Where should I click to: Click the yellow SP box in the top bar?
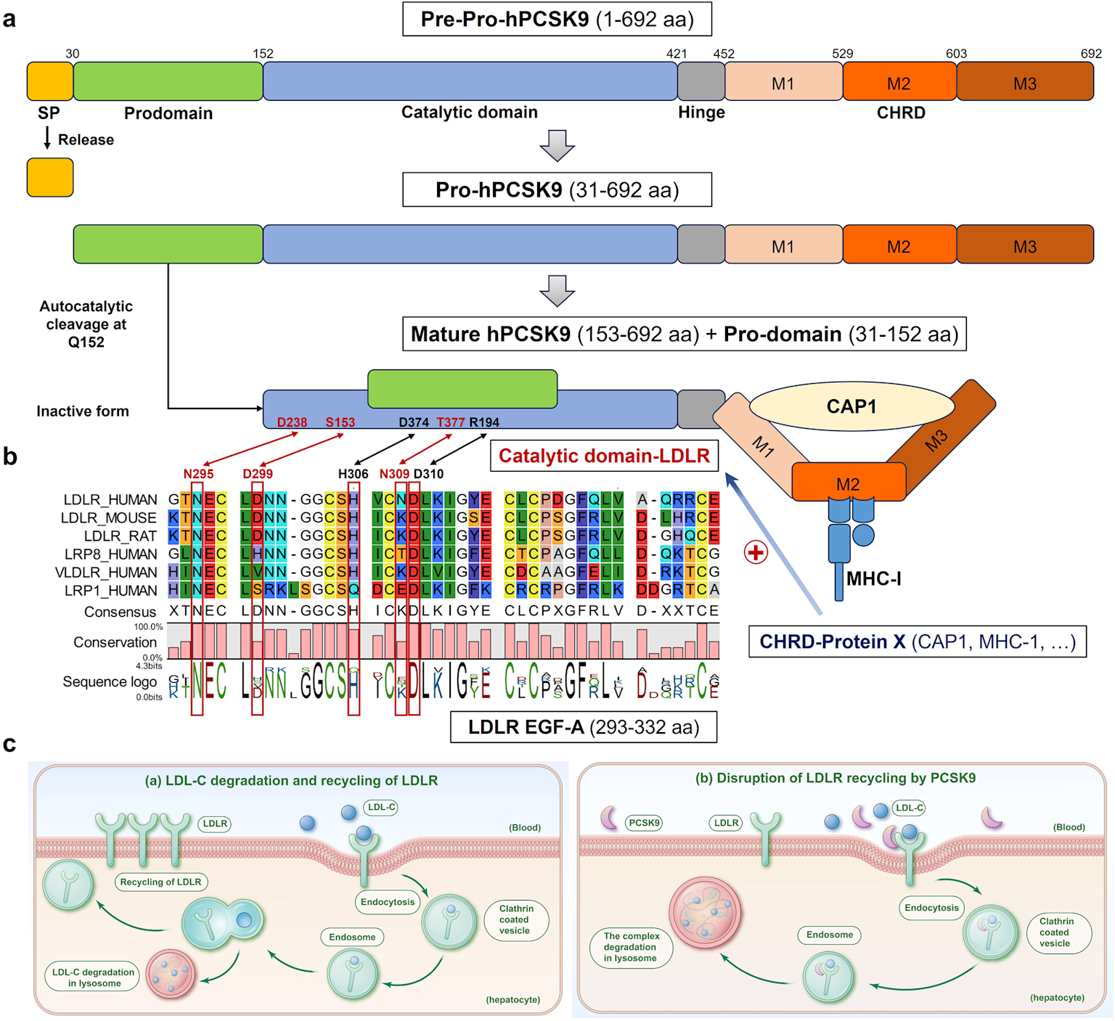pos(50,81)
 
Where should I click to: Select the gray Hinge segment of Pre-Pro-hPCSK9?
pos(701,81)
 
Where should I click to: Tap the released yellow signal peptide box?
pos(50,177)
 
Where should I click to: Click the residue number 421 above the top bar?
pos(677,54)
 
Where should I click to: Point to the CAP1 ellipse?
pos(851,406)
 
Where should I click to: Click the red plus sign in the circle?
pos(756,552)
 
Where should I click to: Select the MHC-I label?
pos(874,579)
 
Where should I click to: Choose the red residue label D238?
pos(292,422)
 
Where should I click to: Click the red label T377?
pos(450,422)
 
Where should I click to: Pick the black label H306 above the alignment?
pos(353,474)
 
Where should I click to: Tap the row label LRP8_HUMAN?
pos(110,554)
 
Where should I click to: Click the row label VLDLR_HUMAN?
pos(106,573)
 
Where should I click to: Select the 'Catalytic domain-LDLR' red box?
pos(604,456)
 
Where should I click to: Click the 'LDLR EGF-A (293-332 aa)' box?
pos(584,727)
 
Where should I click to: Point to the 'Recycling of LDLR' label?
pos(160,882)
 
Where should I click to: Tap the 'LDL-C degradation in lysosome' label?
pos(94,977)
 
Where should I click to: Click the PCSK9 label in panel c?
pos(644,823)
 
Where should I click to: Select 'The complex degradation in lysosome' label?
pos(631,947)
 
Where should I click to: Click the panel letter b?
pos(10,456)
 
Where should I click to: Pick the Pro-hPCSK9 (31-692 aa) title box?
pos(557,190)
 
